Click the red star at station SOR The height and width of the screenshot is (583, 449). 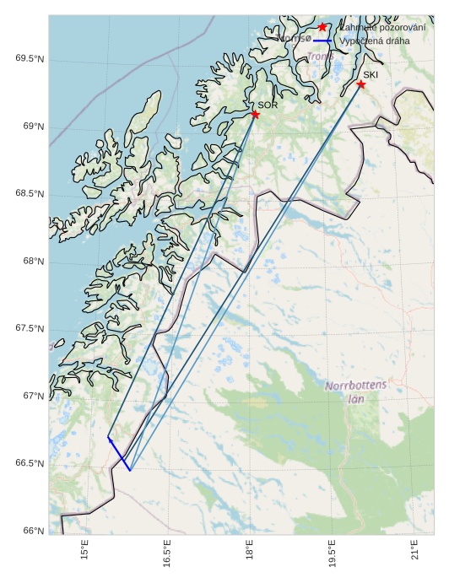pyautogui.click(x=255, y=114)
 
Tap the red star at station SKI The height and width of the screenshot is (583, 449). pyautogui.click(x=360, y=84)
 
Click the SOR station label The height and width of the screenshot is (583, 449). pyautogui.click(x=268, y=105)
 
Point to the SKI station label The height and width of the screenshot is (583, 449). pyautogui.click(x=371, y=75)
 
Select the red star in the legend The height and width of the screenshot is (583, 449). pyautogui.click(x=322, y=27)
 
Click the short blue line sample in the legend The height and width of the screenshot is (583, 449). pyautogui.click(x=322, y=40)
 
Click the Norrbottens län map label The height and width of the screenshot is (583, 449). pyautogui.click(x=355, y=391)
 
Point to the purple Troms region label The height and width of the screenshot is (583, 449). pyautogui.click(x=319, y=57)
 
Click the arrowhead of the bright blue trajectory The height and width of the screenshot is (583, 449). pyautogui.click(x=109, y=438)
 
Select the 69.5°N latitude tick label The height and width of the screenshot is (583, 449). pyautogui.click(x=30, y=59)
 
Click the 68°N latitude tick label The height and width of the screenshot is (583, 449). pyautogui.click(x=32, y=262)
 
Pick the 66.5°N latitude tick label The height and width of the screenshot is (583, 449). pyautogui.click(x=30, y=464)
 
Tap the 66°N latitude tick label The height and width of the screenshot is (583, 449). pyautogui.click(x=32, y=531)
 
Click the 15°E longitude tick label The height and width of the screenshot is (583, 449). pyautogui.click(x=84, y=549)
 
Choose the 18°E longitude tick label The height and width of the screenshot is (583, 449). pyautogui.click(x=250, y=549)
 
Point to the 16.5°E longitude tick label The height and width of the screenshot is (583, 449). pyautogui.click(x=167, y=553)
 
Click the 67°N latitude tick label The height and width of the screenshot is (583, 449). pyautogui.click(x=32, y=396)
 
